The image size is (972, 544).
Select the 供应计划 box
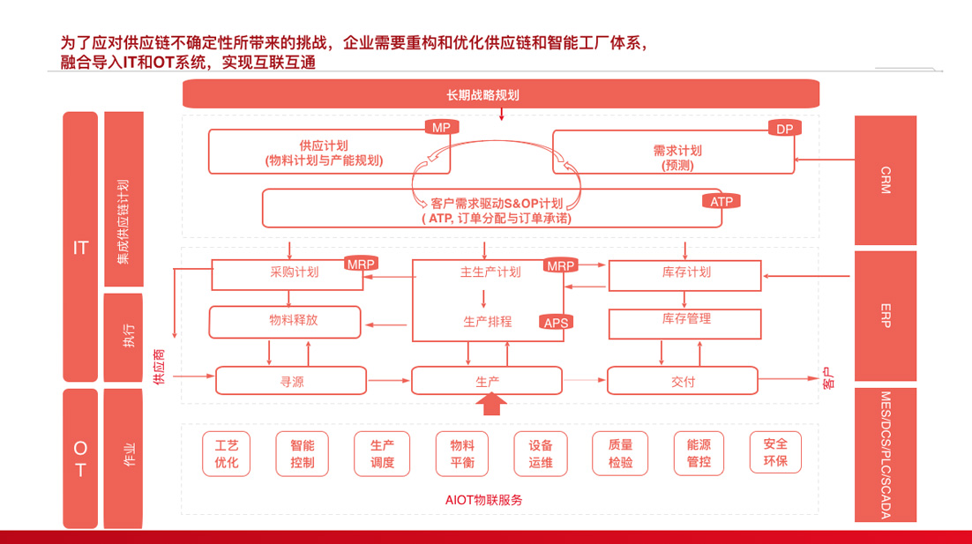pos(324,153)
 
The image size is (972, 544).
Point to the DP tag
pos(783,129)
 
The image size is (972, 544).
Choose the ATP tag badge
pos(722,201)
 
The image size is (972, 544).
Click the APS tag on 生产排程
pos(557,323)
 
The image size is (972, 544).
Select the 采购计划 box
pos(295,272)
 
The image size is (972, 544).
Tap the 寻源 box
pos(291,381)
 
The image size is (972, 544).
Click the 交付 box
pos(683,381)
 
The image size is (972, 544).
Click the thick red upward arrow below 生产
pos(491,404)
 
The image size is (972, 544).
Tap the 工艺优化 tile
pos(226,452)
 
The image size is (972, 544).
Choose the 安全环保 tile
pos(775,451)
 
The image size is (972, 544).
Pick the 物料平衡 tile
pos(461,453)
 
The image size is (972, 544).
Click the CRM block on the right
pos(886,180)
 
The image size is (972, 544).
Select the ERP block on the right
pos(886,315)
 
